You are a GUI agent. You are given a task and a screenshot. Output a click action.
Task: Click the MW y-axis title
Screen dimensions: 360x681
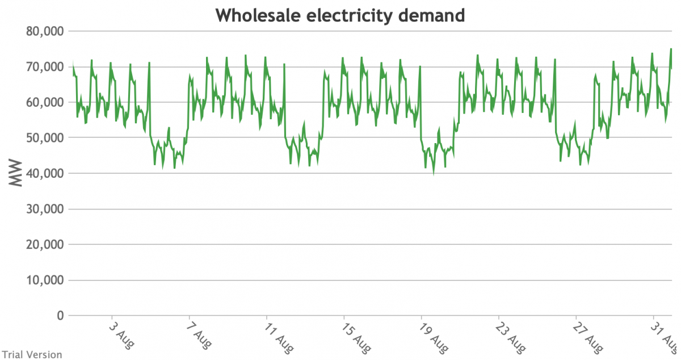point(16,173)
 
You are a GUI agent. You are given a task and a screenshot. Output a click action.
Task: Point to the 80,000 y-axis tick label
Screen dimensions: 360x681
point(46,31)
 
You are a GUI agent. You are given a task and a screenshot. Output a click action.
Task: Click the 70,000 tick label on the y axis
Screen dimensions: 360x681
point(46,67)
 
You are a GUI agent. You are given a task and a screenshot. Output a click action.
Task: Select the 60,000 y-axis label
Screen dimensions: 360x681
point(46,103)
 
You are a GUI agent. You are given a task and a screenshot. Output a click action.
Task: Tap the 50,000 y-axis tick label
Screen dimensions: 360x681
point(46,138)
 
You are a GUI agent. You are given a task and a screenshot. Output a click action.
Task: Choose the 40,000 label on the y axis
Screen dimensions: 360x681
point(46,174)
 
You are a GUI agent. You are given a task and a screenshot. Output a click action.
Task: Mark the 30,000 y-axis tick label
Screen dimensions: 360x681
point(46,210)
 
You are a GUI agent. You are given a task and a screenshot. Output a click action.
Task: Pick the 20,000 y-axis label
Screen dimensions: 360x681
point(46,245)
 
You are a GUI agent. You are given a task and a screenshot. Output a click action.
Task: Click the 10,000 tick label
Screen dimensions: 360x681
point(46,281)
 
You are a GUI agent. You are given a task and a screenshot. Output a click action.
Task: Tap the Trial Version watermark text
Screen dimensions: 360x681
point(31,354)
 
